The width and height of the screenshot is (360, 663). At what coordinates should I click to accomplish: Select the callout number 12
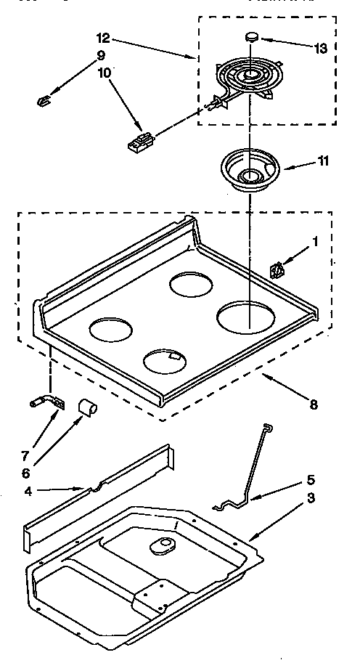(x=102, y=36)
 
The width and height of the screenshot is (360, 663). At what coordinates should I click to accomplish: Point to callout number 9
(x=100, y=55)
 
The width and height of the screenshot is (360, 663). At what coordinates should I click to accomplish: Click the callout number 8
(x=313, y=404)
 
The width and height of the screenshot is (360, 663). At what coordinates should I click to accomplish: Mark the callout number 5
(x=310, y=480)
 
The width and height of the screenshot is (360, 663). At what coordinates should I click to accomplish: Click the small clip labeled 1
(x=277, y=270)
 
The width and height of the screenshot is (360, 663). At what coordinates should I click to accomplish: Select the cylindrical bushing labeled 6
(x=87, y=407)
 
